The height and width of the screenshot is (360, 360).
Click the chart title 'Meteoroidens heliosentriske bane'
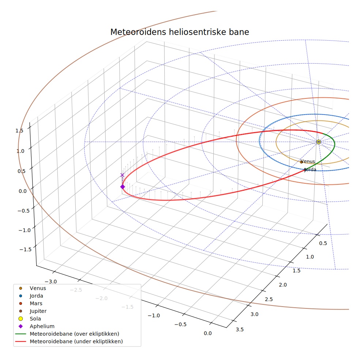pos(180,32)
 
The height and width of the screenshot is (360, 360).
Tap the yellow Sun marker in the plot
pos(318,142)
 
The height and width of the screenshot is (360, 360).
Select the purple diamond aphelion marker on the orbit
pos(123,187)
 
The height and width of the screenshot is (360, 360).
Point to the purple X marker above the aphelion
pos(122,175)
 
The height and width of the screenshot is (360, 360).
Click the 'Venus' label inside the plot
pos(308,161)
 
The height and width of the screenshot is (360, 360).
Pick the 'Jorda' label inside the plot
pos(310,170)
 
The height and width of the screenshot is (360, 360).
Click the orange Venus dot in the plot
pos(301,162)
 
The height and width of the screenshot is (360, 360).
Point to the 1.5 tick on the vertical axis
pos(19,131)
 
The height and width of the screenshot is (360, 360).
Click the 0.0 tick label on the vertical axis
pos(23,191)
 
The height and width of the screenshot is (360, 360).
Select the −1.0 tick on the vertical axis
pos(25,230)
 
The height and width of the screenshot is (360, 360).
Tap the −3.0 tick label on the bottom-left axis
pos(50,282)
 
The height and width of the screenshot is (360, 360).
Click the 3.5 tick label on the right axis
pos(240,330)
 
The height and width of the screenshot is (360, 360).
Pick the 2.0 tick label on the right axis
pos(283,285)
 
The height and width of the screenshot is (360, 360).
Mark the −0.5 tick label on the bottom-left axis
pos(180,325)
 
